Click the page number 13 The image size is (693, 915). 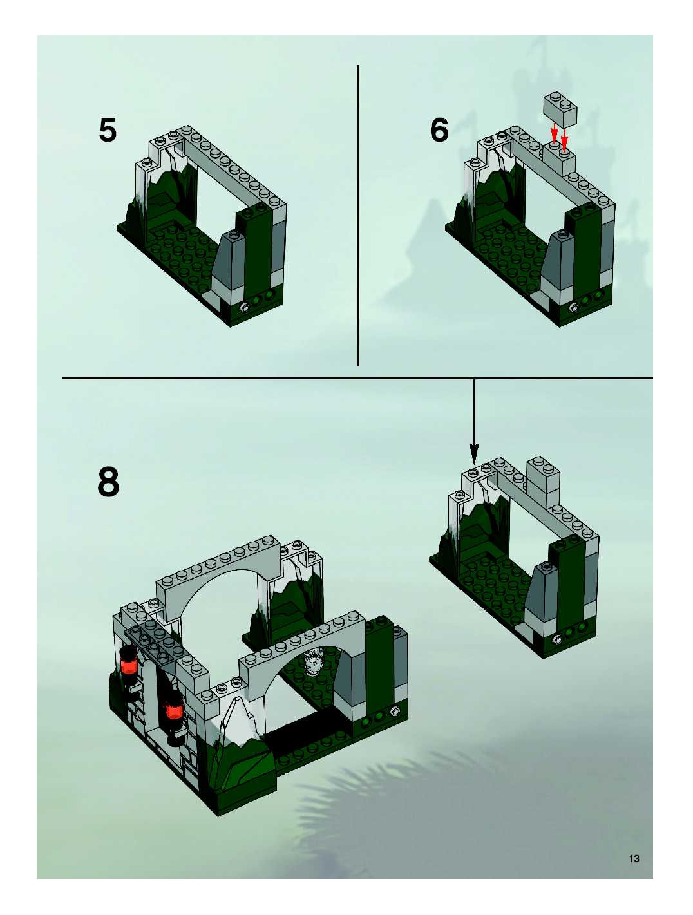point(634,859)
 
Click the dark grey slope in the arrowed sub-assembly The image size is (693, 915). point(539,596)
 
